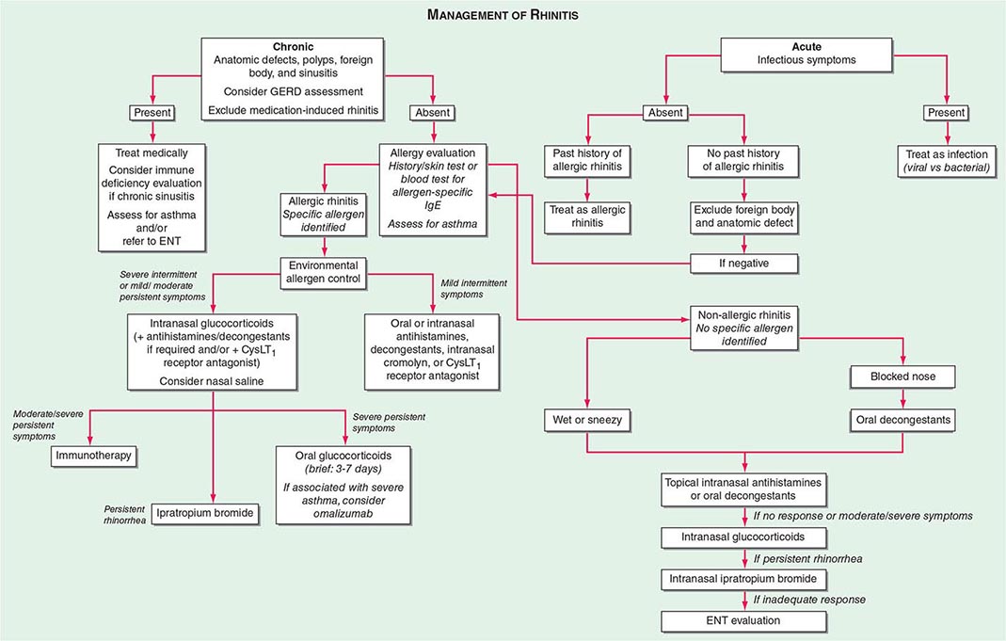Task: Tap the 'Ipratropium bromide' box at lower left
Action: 207,513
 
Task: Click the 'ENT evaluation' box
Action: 744,621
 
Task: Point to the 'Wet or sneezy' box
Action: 587,418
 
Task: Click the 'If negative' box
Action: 744,263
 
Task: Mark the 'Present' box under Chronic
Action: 152,112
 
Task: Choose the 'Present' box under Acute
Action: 946,112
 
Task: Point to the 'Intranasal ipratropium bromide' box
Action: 744,577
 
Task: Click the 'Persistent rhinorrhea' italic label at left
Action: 124,514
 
